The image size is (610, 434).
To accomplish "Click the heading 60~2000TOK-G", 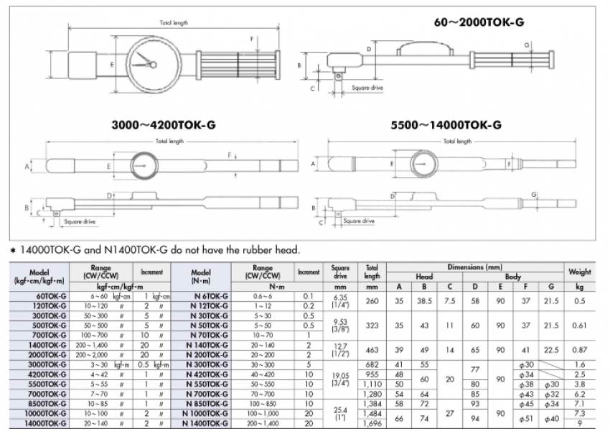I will coord(479,22).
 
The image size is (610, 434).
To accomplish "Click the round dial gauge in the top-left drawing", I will coord(149,65).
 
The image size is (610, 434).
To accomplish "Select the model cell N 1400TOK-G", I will coord(206,424).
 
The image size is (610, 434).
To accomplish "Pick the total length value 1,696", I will coord(372,424).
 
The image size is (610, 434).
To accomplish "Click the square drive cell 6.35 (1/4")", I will coord(341,301).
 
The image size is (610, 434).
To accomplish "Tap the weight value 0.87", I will coord(579,348).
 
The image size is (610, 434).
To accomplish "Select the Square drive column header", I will coord(341,272).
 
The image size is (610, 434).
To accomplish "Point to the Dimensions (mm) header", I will coord(475,266).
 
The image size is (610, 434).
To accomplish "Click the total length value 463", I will coord(372,348).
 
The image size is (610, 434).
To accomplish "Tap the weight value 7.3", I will coord(579,415).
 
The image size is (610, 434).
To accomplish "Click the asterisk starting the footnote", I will coord(13,250).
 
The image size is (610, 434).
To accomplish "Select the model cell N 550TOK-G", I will coord(206,385).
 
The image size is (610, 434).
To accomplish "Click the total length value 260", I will coord(372,301).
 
